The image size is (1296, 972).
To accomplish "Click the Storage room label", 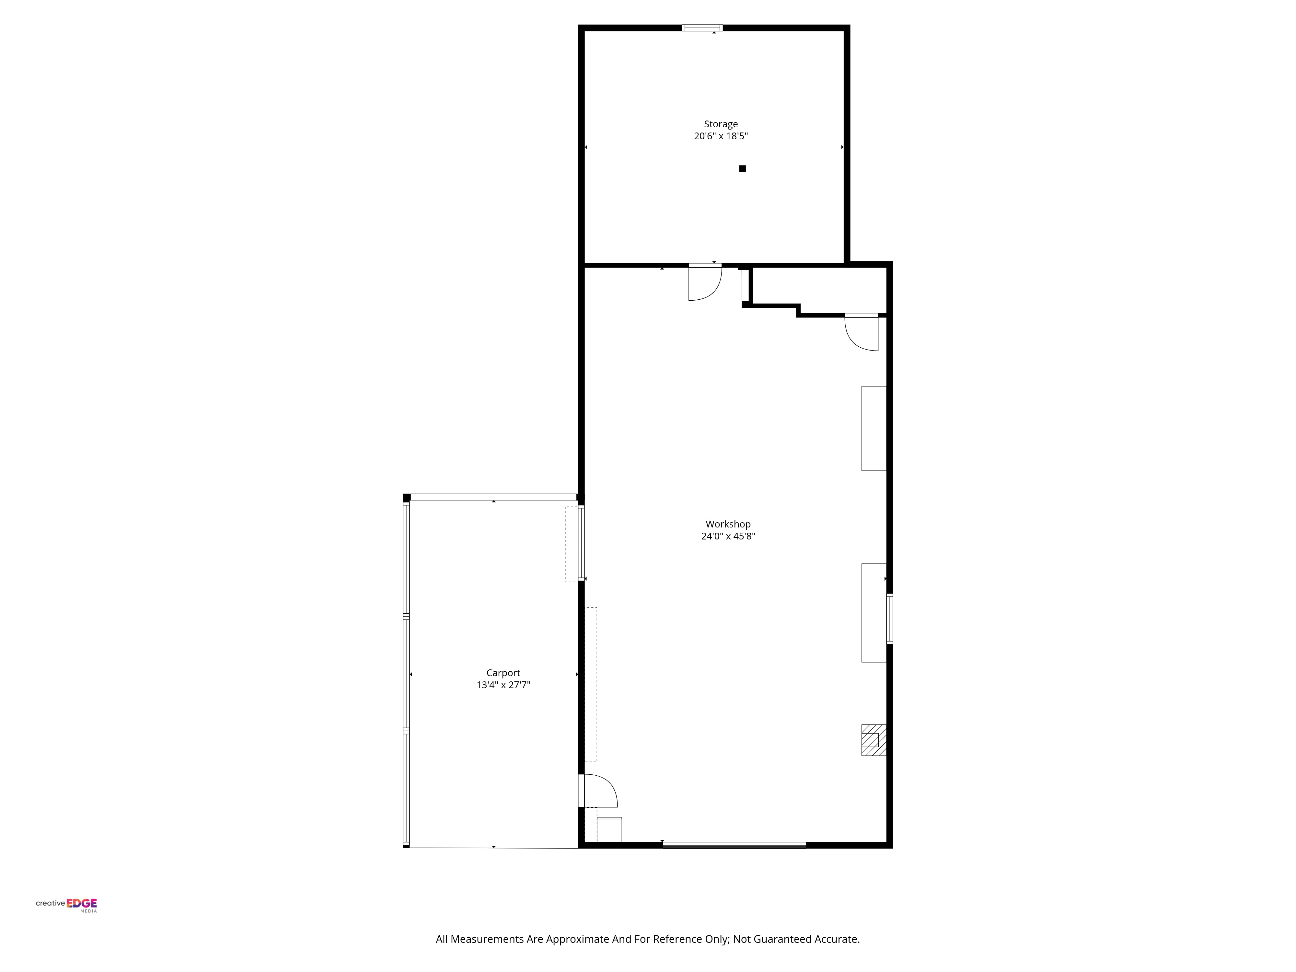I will point(721,124).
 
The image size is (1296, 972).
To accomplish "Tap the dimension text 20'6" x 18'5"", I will point(721,136).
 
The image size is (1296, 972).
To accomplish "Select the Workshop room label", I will point(728,524).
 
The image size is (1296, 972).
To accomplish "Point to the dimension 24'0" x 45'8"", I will point(728,536).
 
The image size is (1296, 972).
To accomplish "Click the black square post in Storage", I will point(742,169).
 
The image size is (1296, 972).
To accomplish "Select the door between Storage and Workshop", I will point(704,283).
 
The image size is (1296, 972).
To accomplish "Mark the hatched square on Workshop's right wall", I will point(873,740).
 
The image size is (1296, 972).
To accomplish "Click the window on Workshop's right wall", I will point(889,619).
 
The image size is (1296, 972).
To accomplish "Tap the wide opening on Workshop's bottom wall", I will point(734,845).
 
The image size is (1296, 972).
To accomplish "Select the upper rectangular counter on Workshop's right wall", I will point(874,428).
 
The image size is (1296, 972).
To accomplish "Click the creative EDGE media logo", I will point(66,904).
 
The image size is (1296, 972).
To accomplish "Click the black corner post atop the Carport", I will point(407,497).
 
